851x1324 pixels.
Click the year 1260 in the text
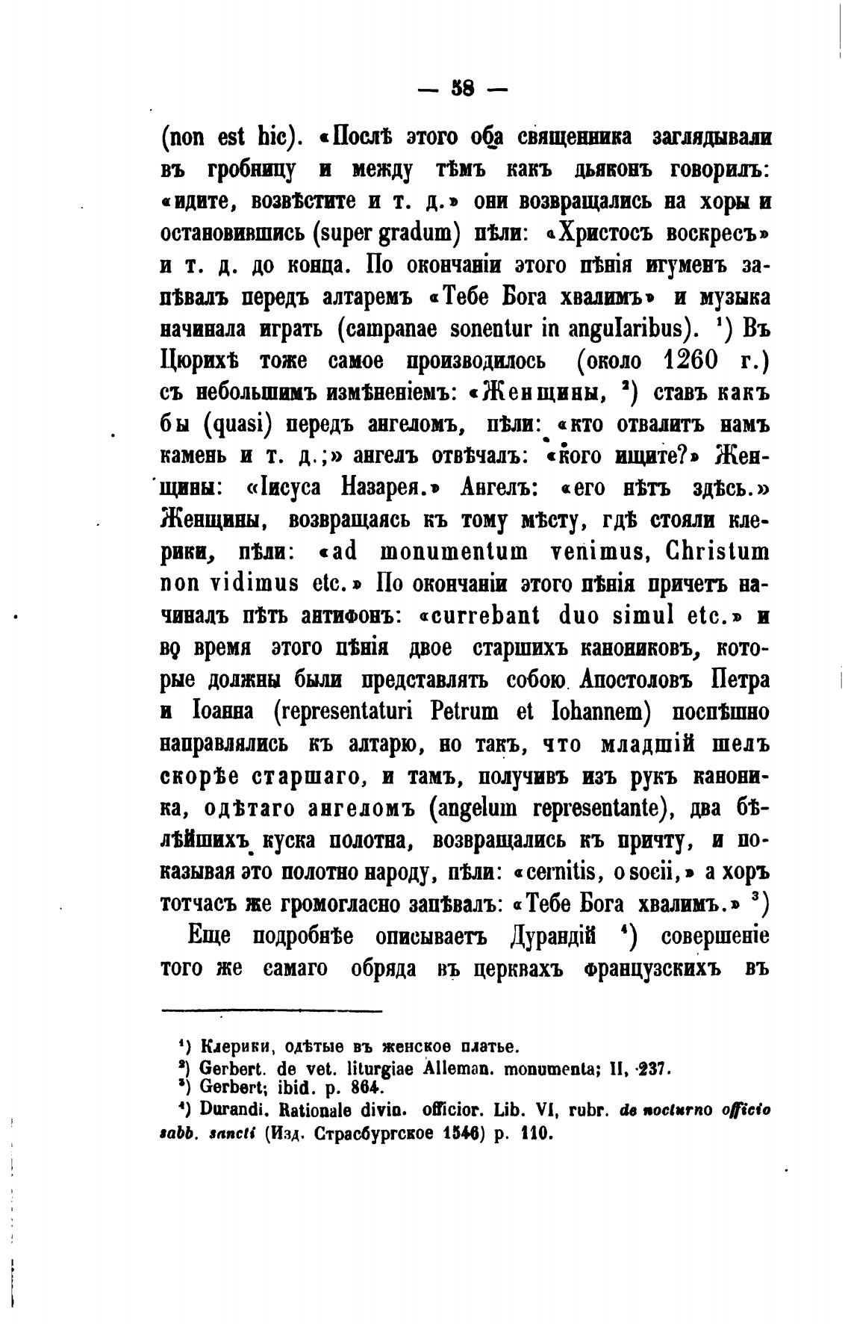(x=691, y=361)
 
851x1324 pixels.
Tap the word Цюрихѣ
(x=199, y=362)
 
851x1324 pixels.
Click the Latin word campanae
(x=381, y=329)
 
